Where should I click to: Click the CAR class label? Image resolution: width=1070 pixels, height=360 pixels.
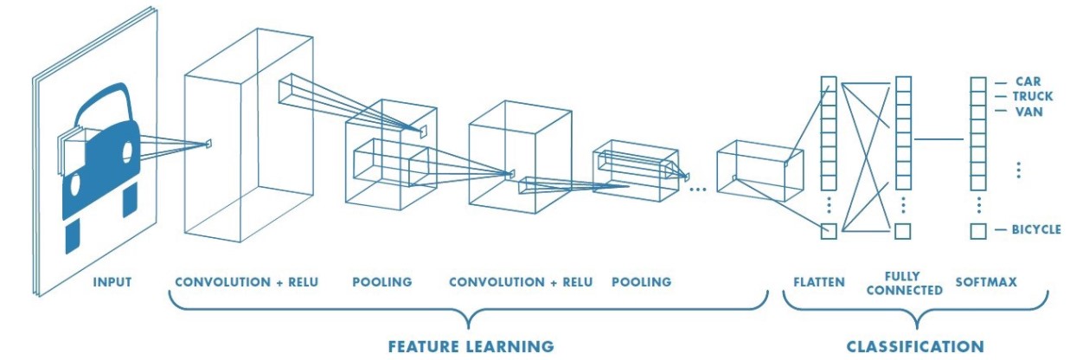pos(1028,81)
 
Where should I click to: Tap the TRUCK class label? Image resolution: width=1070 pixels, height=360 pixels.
pos(1033,96)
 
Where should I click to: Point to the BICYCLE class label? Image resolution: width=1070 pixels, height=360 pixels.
pos(1036,230)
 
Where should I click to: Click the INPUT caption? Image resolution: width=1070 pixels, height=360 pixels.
pos(114,282)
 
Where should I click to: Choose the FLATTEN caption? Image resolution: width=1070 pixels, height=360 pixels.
pos(818,282)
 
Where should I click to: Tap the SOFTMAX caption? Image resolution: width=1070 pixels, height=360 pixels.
pos(986,282)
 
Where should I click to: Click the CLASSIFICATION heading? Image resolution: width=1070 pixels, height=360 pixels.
pos(915,346)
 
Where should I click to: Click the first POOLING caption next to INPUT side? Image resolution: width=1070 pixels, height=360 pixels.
pos(382,282)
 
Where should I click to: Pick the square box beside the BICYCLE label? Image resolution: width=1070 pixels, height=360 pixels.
pos(978,231)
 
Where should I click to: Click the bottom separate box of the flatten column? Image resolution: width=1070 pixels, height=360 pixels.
pos(829,231)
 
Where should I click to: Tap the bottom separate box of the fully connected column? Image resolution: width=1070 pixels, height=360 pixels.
pos(903,231)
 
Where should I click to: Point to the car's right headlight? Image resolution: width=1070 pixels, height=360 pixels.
pos(127,154)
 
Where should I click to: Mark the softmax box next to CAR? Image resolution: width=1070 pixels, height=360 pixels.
pos(978,84)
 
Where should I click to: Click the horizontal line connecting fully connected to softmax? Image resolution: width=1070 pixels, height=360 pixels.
pos(939,138)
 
